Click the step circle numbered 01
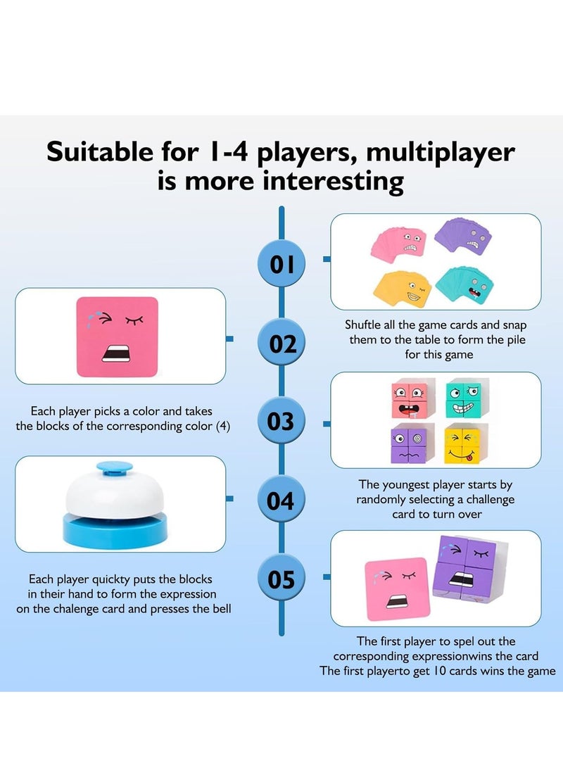(281, 265)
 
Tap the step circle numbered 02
(281, 344)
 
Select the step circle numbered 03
(281, 422)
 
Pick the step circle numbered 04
(281, 501)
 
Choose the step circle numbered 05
(281, 579)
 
